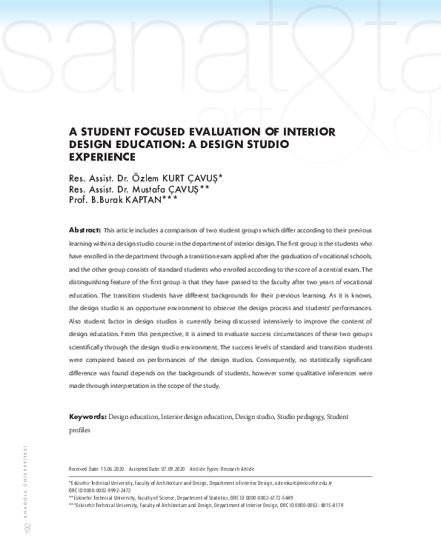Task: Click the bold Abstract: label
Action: pos(84,231)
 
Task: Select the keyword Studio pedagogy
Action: pos(300,418)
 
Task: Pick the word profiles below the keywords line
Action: pos(79,429)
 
